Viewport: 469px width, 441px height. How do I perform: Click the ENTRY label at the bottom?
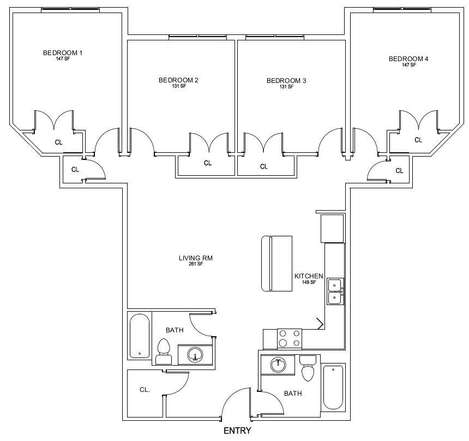(237, 431)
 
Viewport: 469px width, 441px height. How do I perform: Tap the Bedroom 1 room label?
(63, 53)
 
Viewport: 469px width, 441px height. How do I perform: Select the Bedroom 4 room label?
(408, 59)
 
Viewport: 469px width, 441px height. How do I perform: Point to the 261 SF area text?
(196, 264)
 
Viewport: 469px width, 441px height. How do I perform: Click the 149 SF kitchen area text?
(309, 282)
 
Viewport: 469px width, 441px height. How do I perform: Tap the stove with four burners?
(290, 338)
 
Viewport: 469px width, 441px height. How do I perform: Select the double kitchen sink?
(335, 291)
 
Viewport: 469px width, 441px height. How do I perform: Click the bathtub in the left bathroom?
(140, 336)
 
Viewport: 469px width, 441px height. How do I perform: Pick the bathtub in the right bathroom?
(333, 387)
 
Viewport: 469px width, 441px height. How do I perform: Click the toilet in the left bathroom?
(164, 351)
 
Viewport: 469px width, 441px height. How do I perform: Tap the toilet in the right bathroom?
(308, 368)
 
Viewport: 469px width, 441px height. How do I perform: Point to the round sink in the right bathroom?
(278, 366)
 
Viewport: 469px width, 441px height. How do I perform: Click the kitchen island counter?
(276, 264)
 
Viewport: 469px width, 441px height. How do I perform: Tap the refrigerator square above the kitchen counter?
(332, 229)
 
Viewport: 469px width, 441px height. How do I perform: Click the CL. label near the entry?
(145, 390)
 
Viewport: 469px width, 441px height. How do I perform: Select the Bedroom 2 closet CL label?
(208, 163)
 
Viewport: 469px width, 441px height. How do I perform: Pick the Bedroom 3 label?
(286, 81)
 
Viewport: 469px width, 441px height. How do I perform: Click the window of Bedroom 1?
(70, 10)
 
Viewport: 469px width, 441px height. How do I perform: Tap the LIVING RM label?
(196, 258)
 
